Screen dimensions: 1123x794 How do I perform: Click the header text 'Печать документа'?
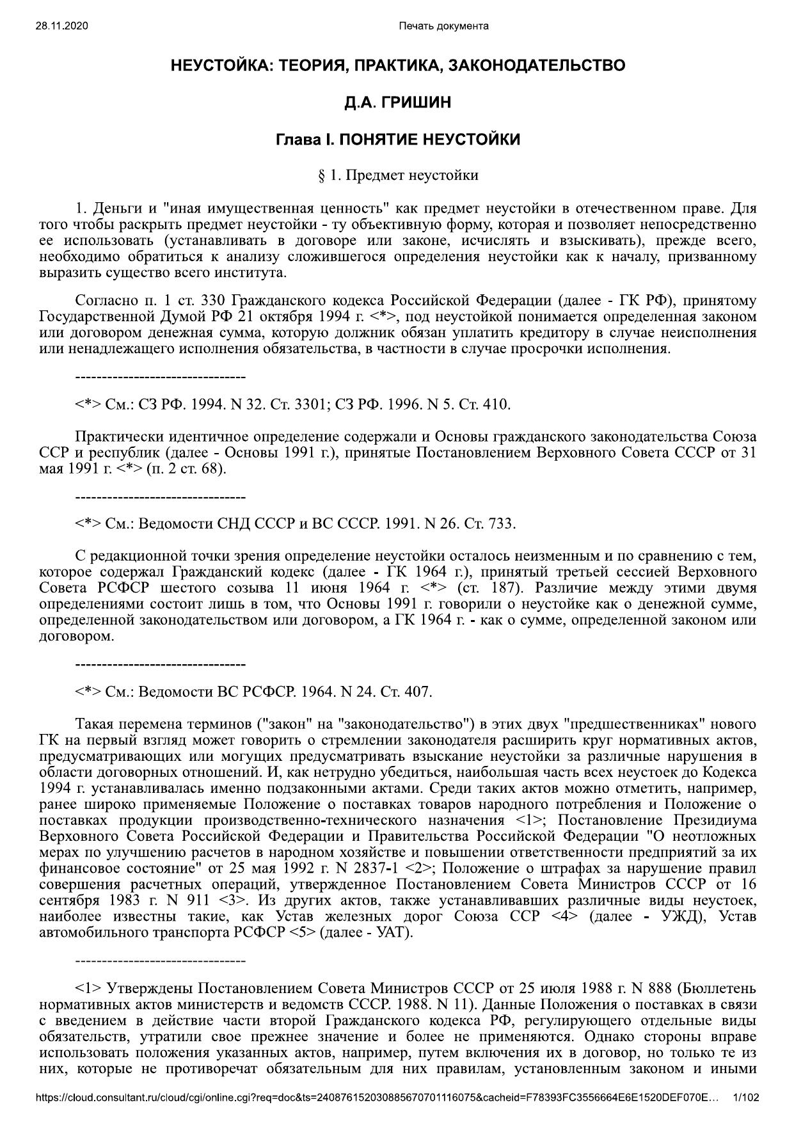(443, 26)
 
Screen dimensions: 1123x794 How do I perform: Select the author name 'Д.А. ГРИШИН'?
(397, 102)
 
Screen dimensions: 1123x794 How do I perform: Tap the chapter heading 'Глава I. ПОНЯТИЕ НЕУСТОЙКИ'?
(397, 139)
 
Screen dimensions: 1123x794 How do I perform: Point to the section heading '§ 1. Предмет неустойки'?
(397, 175)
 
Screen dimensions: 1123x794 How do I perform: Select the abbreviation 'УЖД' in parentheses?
(686, 916)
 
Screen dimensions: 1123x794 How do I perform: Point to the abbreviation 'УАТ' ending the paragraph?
(393, 932)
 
